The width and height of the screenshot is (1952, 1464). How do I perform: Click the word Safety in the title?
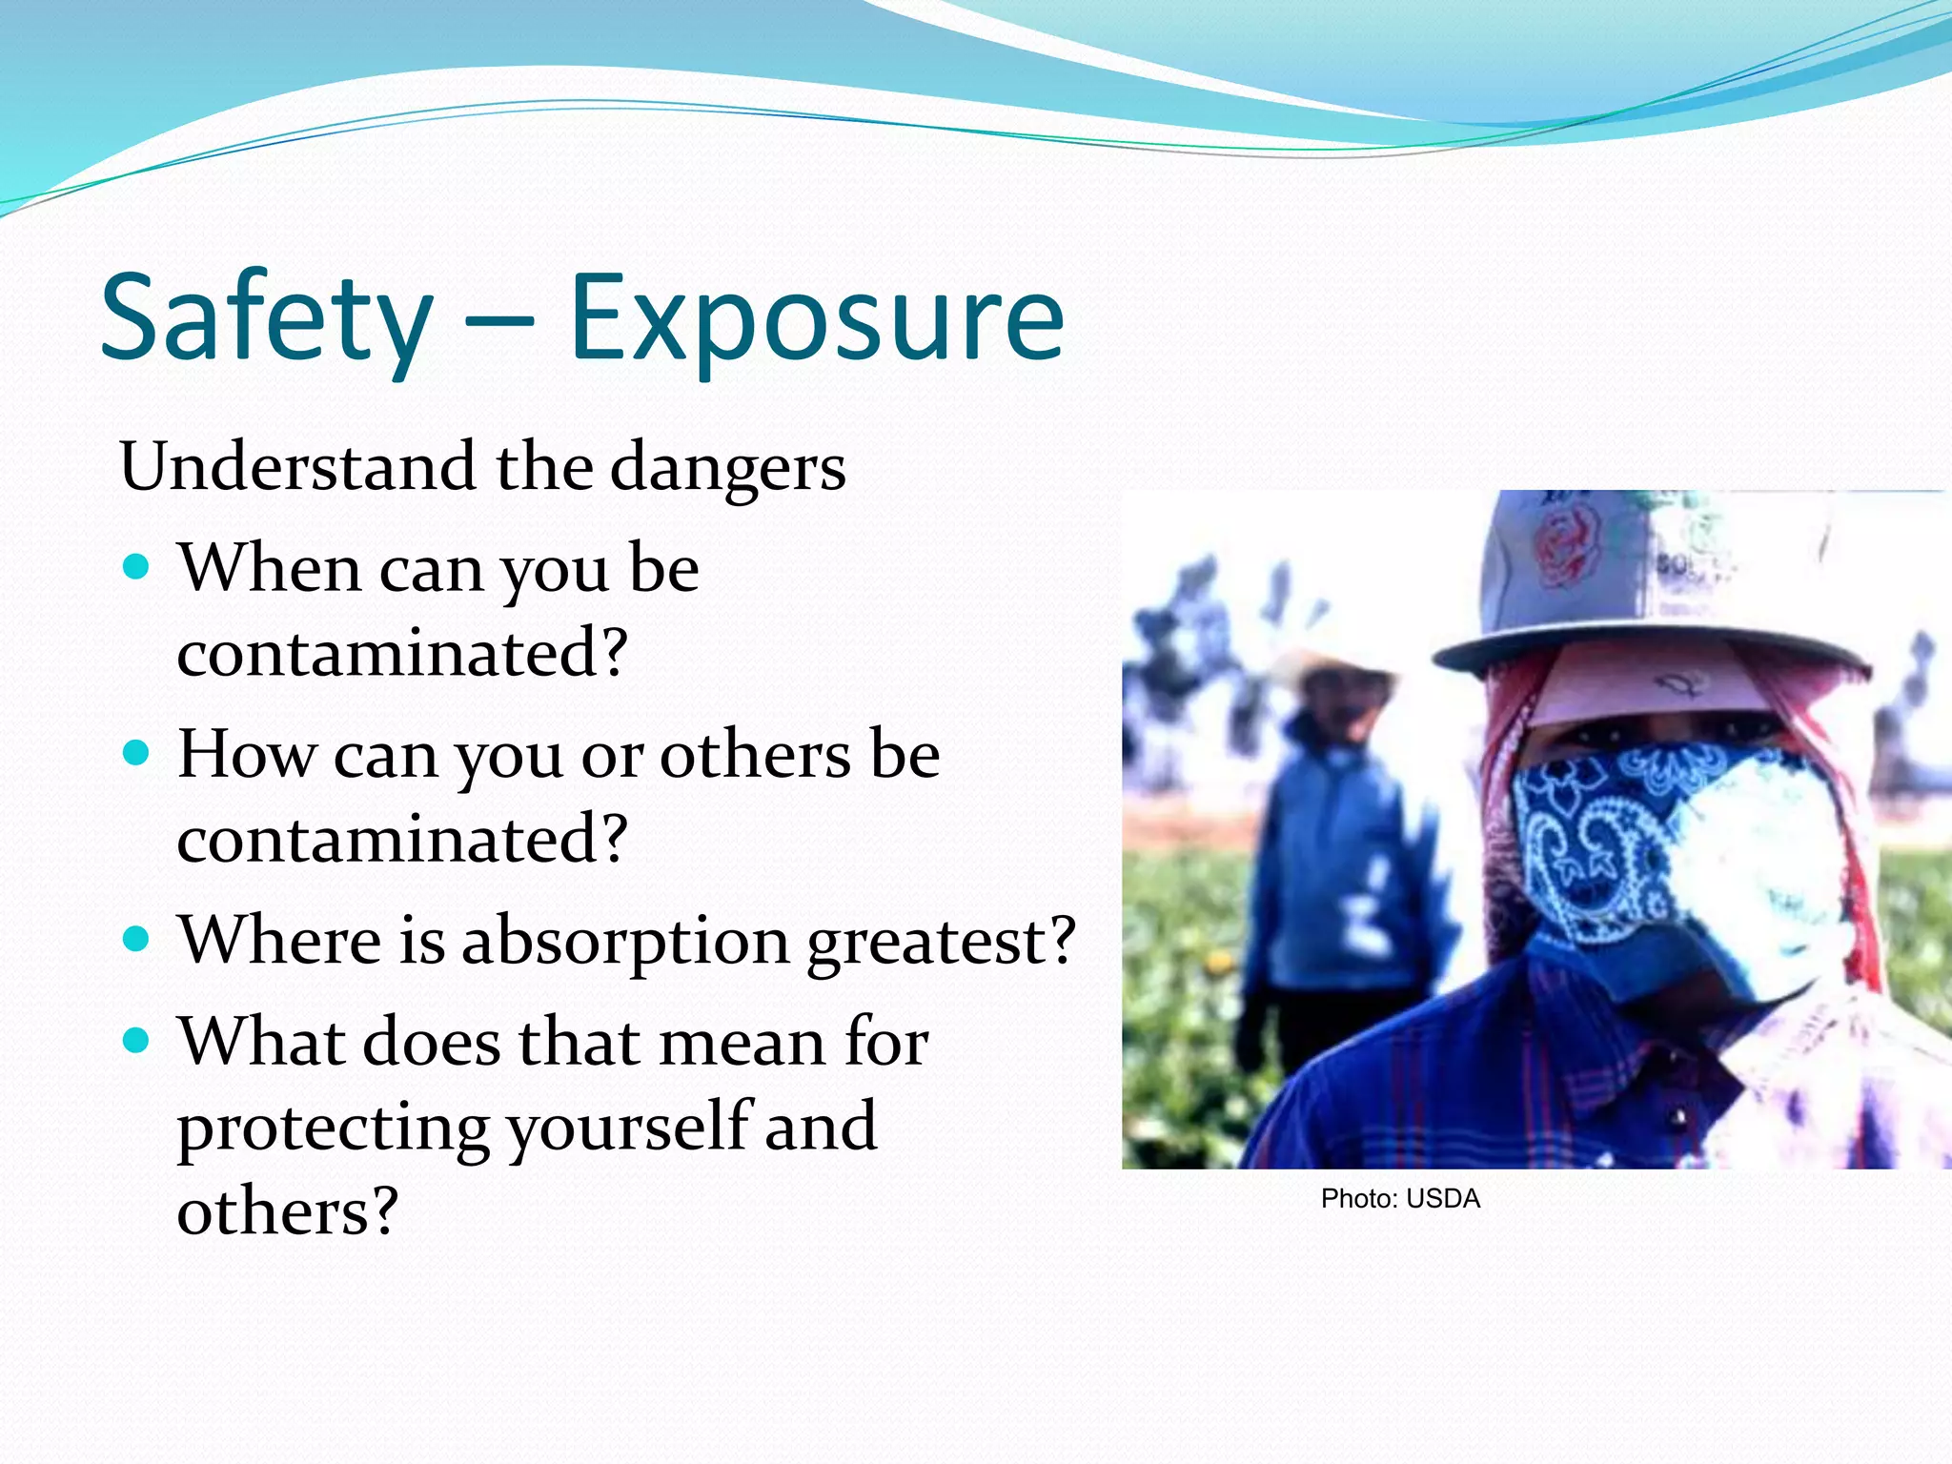coord(267,319)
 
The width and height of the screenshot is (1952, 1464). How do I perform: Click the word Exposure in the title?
coord(817,319)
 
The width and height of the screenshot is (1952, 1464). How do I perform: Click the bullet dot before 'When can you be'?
coord(137,568)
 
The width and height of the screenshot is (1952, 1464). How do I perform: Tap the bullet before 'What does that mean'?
coord(137,1041)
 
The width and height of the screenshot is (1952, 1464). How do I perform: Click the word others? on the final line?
coord(287,1212)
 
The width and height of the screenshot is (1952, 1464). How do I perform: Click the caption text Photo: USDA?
coord(1400,1199)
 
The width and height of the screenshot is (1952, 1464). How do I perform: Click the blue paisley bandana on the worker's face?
coord(1601,839)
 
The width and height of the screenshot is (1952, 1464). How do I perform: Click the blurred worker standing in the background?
coord(1334,858)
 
